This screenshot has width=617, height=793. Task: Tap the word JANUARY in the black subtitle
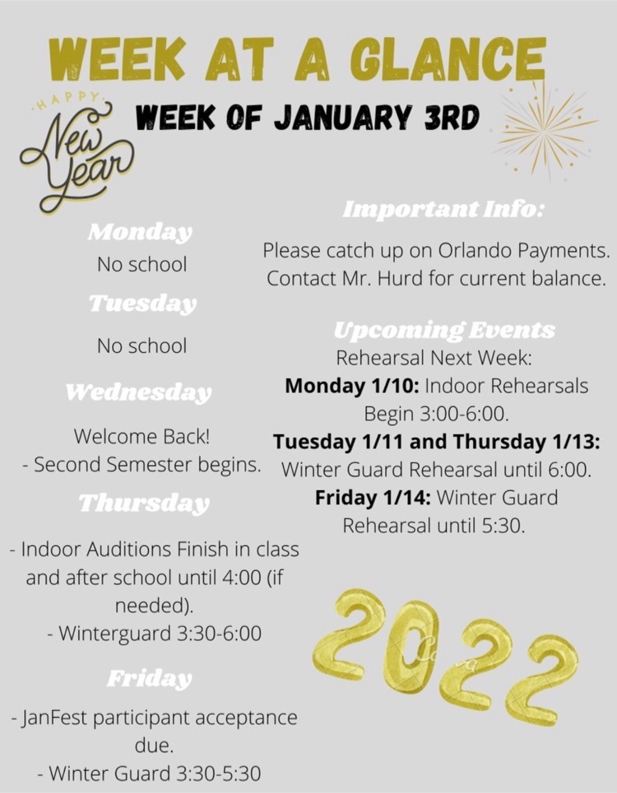[342, 118]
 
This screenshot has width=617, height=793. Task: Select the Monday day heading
[140, 232]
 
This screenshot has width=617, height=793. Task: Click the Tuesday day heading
[143, 304]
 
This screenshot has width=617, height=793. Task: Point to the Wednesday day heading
[138, 392]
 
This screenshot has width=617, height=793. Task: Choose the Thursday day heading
[144, 503]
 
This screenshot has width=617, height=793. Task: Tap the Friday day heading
[150, 678]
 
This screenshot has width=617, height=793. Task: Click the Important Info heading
[443, 209]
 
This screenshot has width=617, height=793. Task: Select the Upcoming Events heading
[444, 330]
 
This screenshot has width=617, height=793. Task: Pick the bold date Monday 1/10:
[352, 387]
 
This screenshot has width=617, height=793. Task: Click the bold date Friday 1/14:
[373, 499]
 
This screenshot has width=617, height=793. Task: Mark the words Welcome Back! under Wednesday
[141, 437]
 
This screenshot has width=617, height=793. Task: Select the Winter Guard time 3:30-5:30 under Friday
[219, 774]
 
